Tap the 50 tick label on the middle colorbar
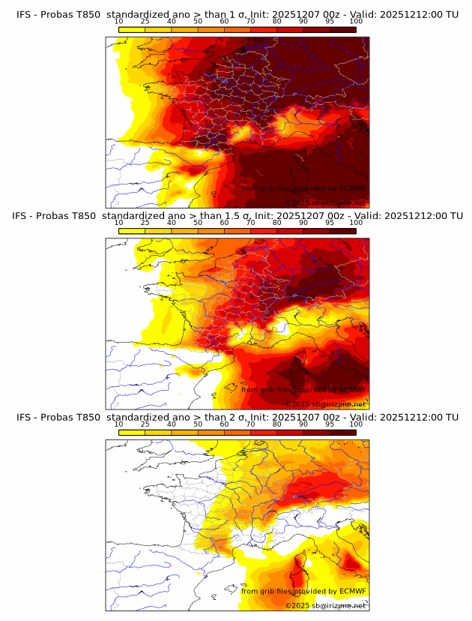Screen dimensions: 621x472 [198, 222]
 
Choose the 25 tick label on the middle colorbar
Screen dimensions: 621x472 [145, 222]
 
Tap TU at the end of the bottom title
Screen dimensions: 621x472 [451, 417]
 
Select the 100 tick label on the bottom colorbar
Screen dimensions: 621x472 [356, 424]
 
